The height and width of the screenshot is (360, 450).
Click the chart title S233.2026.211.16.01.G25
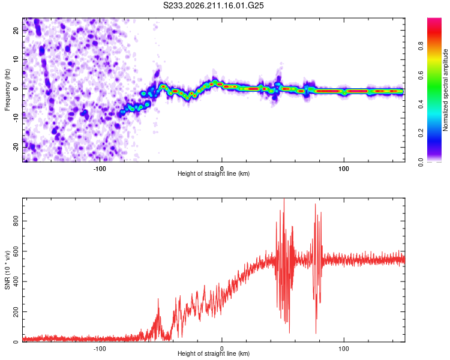tap(213, 5)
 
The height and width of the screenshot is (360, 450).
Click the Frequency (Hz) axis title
tap(7, 90)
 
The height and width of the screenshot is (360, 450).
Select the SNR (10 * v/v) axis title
tap(7, 270)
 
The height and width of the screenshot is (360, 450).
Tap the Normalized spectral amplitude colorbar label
tap(445, 90)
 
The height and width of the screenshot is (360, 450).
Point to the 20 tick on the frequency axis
tap(16, 30)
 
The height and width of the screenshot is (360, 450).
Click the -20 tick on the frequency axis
tap(16, 147)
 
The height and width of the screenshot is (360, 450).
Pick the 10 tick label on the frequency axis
tap(16, 59)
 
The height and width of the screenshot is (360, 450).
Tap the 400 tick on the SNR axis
tap(16, 281)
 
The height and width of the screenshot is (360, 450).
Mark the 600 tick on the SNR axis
tap(16, 251)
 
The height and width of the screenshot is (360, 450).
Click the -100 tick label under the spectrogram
tap(99, 169)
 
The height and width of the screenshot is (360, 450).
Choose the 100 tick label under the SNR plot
tap(344, 349)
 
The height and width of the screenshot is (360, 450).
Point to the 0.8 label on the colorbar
tap(421, 46)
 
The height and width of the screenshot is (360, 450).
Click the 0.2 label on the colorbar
tap(421, 133)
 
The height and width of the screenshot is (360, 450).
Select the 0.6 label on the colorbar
tap(421, 75)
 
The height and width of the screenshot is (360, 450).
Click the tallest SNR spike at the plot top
tap(284, 199)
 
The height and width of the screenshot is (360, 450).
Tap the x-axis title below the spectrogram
tap(214, 173)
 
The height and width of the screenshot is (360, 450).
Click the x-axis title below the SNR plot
tap(214, 353)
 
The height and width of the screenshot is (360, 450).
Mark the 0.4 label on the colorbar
tap(421, 104)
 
